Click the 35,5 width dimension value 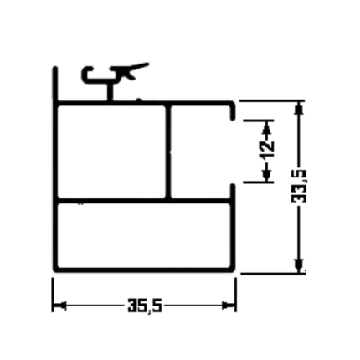pyautogui.click(x=145, y=306)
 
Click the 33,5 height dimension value pyautogui.click(x=299, y=186)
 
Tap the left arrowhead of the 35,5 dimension pyautogui.click(x=60, y=306)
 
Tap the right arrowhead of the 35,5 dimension pyautogui.click(x=229, y=306)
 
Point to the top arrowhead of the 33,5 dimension pyautogui.click(x=299, y=107)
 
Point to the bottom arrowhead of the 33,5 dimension pyautogui.click(x=299, y=266)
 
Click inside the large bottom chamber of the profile pyautogui.click(x=144, y=235)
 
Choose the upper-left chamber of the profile pyautogui.click(x=111, y=152)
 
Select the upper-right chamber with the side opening pyautogui.click(x=200, y=152)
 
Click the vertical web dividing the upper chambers pyautogui.click(x=167, y=152)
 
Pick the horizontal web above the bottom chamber pyautogui.click(x=144, y=200)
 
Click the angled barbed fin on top pyautogui.click(x=129, y=70)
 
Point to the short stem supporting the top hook pyautogui.click(x=111, y=92)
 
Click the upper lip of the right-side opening pyautogui.click(x=234, y=111)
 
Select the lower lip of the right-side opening pyautogui.click(x=233, y=192)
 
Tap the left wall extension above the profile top pyautogui.click(x=55, y=83)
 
